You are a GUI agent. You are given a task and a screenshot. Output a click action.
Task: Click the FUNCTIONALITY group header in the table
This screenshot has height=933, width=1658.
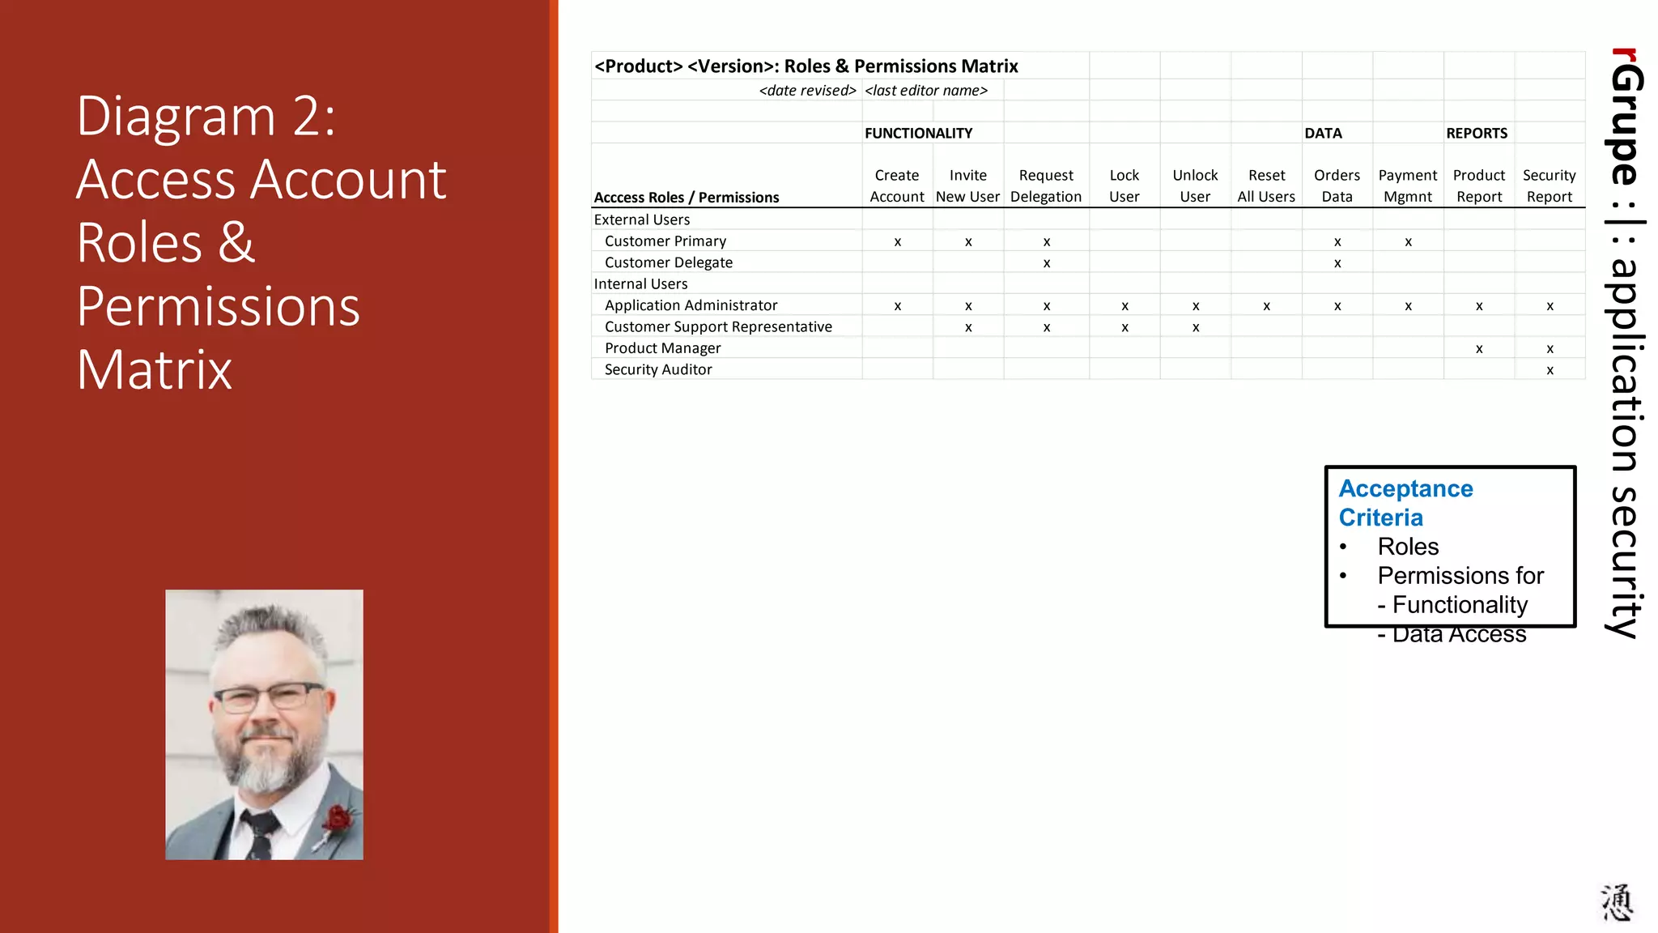(x=918, y=133)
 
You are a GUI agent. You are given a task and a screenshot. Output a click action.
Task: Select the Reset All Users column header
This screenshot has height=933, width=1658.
(x=1266, y=186)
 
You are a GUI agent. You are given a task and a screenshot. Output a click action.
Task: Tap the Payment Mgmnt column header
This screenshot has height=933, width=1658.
(x=1408, y=186)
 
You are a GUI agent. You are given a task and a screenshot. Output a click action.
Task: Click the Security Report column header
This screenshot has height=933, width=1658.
(x=1549, y=186)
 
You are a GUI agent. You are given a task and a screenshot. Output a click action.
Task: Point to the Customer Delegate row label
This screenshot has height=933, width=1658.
(x=668, y=262)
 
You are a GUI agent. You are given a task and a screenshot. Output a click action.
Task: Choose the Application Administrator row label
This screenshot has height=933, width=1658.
(x=691, y=305)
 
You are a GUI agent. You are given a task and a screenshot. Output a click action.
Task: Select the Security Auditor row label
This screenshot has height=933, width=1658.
(x=658, y=369)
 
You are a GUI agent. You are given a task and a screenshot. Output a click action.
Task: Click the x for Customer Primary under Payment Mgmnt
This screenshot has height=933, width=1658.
(x=1409, y=242)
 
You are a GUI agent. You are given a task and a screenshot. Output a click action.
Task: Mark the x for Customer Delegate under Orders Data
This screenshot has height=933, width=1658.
(x=1337, y=263)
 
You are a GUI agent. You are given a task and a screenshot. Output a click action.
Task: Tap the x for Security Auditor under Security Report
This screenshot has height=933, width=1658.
(x=1550, y=371)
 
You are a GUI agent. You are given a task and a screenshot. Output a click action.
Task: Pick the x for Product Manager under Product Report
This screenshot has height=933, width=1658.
(x=1479, y=349)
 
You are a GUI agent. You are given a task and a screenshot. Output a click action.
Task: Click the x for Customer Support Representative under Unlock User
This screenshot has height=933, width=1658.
(x=1196, y=328)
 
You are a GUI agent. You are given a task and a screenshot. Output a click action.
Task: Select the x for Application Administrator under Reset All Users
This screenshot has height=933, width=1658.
(x=1266, y=306)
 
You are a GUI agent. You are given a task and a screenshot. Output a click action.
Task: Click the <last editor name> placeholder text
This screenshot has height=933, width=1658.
(x=926, y=91)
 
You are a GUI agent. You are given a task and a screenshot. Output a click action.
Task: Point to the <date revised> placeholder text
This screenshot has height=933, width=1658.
(x=807, y=91)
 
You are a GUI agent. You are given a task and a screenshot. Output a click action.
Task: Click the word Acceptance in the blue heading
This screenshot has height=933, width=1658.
(x=1405, y=488)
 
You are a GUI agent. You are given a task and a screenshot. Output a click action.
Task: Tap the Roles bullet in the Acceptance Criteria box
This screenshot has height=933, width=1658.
(x=1408, y=547)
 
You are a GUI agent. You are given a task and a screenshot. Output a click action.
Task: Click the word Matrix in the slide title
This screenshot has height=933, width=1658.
(x=155, y=370)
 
